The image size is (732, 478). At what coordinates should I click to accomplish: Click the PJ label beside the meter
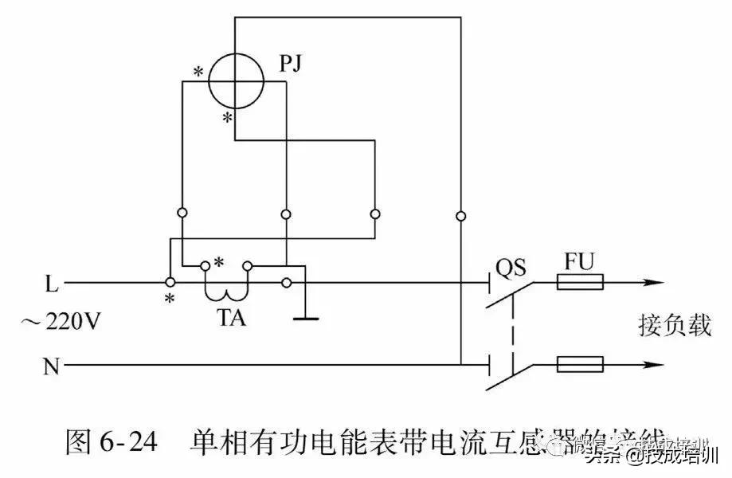coord(293,63)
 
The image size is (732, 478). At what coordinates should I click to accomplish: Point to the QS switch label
coord(511,266)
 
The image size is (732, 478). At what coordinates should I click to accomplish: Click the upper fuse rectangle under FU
coord(581,282)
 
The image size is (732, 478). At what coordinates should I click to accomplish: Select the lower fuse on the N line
coord(581,366)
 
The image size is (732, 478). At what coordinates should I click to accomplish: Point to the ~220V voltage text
coord(61,323)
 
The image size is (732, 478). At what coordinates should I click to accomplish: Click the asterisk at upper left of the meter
coord(198,72)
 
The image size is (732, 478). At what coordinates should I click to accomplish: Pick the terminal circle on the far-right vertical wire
coord(460,215)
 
